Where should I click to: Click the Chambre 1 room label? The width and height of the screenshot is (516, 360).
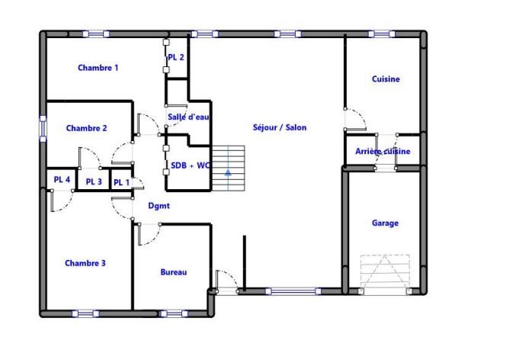pos(98,68)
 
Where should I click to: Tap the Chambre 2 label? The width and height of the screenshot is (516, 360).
pos(86,128)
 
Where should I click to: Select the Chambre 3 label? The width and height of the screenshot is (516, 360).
pos(85,263)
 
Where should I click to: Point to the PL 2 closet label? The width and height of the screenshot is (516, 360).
pos(175,57)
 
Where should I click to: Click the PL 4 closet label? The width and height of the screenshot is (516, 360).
pos(62,180)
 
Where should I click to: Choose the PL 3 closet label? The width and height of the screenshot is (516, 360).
pos(94,182)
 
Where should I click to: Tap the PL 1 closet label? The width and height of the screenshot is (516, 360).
pos(121,182)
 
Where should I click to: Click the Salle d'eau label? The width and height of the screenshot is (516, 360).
pos(188,117)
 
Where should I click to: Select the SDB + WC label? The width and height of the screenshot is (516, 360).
pos(190,165)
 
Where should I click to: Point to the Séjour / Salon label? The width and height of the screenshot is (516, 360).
pos(280,127)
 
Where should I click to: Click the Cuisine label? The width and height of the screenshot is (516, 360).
pos(386,79)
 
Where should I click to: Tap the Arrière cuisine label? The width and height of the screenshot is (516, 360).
pos(383,151)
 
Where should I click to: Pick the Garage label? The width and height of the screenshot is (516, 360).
pos(385,223)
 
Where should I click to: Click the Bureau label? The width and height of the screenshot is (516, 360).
pos(174,272)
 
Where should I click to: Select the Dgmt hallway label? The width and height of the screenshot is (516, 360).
pos(159,206)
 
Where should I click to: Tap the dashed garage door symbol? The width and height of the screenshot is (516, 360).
pos(385,271)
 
